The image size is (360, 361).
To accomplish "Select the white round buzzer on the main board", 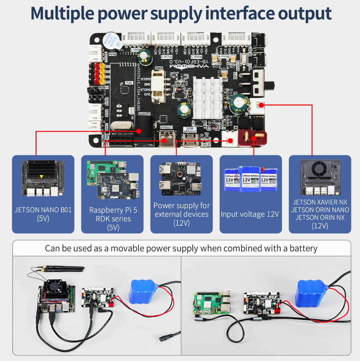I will click(x=111, y=40).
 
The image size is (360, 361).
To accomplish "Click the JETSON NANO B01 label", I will click(x=43, y=210).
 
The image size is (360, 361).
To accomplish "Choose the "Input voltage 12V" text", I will click(x=250, y=214).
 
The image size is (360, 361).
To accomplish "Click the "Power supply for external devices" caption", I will click(x=181, y=210).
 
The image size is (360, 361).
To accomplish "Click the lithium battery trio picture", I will click(x=251, y=178).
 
